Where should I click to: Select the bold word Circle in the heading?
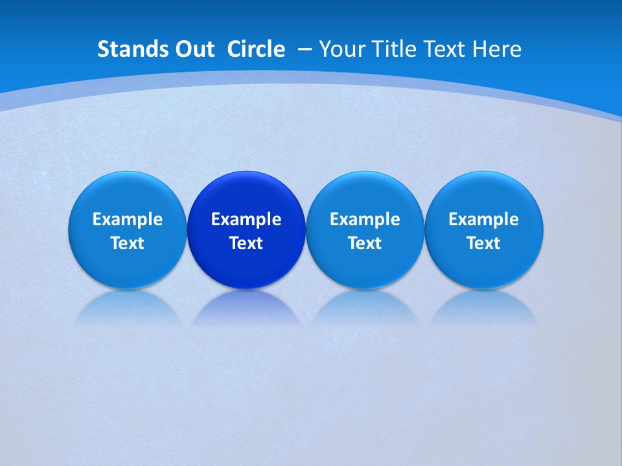pos(256,49)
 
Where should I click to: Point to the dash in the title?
pos(305,50)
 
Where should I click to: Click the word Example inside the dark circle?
pos(246,219)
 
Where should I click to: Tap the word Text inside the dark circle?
pos(246,243)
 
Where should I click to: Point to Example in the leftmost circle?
pos(128,219)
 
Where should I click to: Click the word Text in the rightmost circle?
pos(484,243)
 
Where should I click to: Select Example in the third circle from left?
pos(365,219)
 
